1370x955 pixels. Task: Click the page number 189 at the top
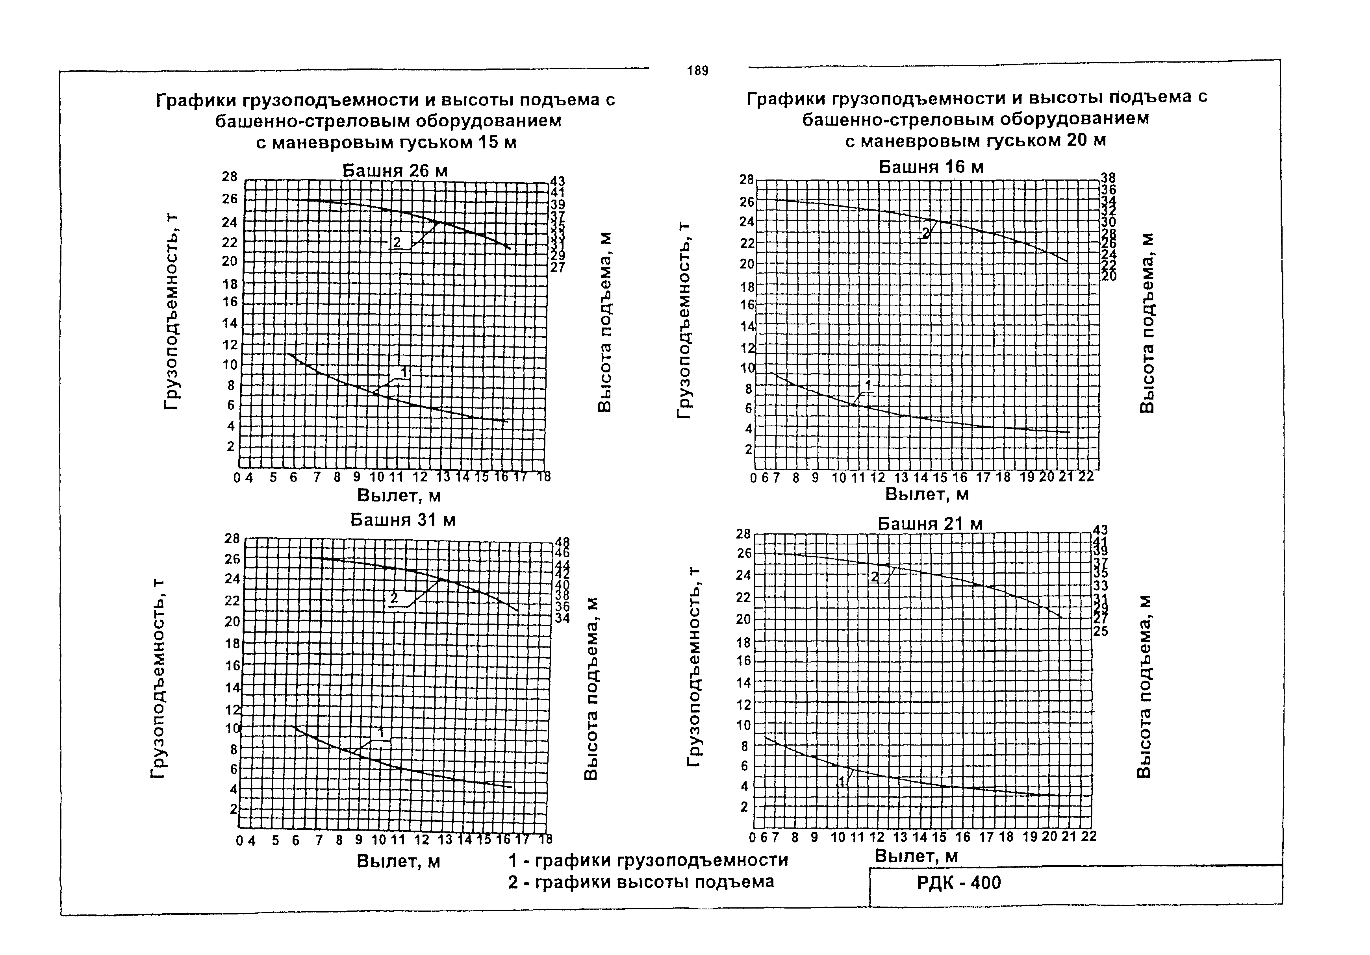[x=697, y=71]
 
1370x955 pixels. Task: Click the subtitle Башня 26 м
[x=395, y=170]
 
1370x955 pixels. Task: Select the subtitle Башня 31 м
[x=403, y=520]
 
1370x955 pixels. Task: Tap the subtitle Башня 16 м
[x=931, y=167]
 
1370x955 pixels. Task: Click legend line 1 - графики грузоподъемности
[x=648, y=860]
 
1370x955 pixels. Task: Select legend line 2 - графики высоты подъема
[x=641, y=882]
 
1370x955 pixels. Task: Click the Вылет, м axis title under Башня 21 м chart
[x=916, y=856]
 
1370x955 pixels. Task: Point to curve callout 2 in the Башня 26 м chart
[x=397, y=242]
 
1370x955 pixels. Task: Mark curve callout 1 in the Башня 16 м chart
[x=868, y=384]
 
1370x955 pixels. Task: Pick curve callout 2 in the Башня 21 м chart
[x=875, y=577]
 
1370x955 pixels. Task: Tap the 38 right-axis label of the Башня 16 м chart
[x=1108, y=178]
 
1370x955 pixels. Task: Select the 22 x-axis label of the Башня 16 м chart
[x=1086, y=477]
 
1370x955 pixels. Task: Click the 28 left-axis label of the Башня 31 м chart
[x=232, y=538]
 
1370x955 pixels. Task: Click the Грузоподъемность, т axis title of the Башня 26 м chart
[x=171, y=311]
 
